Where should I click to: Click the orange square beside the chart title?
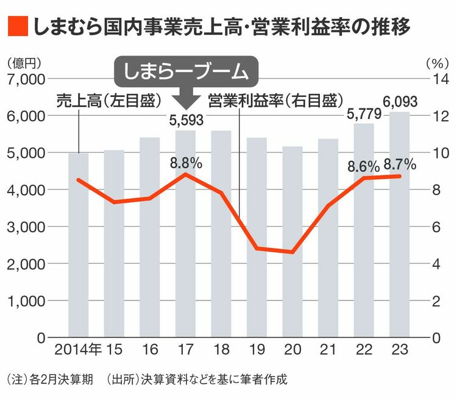point(17,26)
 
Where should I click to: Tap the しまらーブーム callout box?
point(187,72)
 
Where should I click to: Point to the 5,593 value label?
point(187,120)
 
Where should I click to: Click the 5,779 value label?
point(364,113)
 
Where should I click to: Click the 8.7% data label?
point(400,163)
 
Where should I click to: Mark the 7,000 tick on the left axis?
point(26,79)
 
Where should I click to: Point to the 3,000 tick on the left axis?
point(26,227)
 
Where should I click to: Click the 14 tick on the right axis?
point(439,79)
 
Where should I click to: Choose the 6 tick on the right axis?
point(435,227)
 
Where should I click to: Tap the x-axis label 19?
point(257,350)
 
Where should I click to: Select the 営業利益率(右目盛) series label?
point(274,101)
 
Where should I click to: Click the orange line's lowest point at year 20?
point(293,252)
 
